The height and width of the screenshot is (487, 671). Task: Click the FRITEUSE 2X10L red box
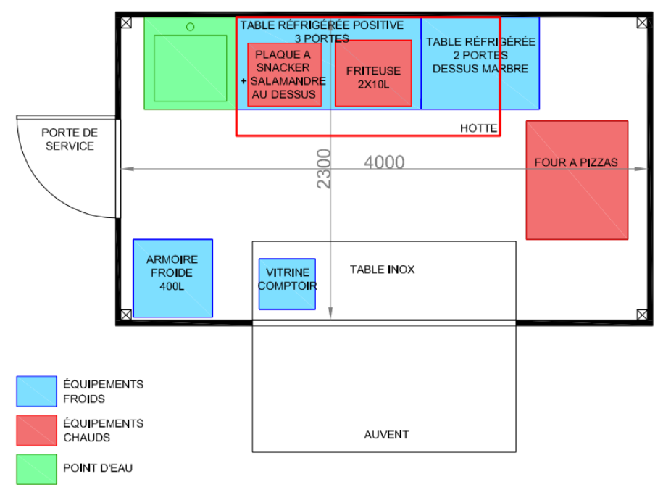[x=374, y=73]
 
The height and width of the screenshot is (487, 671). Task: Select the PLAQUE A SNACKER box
[x=285, y=75]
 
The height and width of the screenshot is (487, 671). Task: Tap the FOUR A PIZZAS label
[x=576, y=162]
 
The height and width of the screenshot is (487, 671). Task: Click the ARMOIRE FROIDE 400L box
[x=173, y=278]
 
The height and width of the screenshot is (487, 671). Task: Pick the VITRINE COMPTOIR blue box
[x=287, y=284]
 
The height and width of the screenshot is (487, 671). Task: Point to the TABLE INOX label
[x=382, y=270]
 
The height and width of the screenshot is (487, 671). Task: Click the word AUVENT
[x=386, y=435]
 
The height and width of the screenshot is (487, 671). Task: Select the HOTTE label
[x=478, y=128]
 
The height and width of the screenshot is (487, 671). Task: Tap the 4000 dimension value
[x=384, y=162]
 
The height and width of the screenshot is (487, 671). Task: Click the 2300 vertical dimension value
[x=323, y=169]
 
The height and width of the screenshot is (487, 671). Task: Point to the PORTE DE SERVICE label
[x=70, y=140]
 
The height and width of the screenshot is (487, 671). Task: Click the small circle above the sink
[x=191, y=27]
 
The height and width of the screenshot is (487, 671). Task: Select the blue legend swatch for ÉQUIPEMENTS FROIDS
[x=36, y=391]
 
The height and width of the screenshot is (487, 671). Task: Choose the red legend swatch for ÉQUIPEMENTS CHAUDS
[x=36, y=430]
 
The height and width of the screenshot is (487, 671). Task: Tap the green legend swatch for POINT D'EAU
[x=36, y=470]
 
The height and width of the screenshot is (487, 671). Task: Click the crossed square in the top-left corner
[x=126, y=22]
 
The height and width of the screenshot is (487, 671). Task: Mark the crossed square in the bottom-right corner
[x=642, y=315]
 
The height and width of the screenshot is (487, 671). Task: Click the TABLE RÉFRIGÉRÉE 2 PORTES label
[x=480, y=55]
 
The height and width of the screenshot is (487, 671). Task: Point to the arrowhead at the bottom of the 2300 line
[x=330, y=313]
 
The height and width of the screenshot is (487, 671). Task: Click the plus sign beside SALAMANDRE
[x=243, y=81]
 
